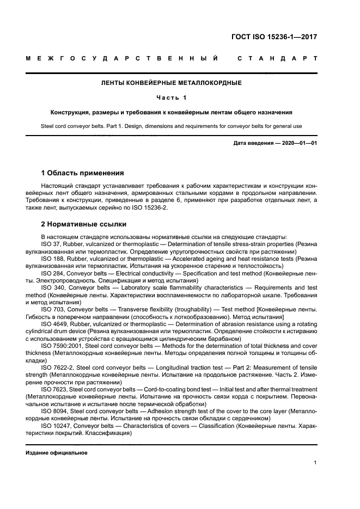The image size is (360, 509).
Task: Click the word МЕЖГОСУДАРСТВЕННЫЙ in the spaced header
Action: [x=122, y=58]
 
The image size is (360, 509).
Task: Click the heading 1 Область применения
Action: [x=82, y=173]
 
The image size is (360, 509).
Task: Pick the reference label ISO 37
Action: [x=50, y=245]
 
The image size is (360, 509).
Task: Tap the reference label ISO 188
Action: [x=51, y=259]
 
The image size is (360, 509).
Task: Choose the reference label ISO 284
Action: [x=51, y=273]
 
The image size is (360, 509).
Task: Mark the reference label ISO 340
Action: [x=52, y=287]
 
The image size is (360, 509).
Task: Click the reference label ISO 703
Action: [x=51, y=309]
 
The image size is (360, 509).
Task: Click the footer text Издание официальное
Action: [x=57, y=453]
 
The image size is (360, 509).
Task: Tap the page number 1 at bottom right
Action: [x=315, y=463]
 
